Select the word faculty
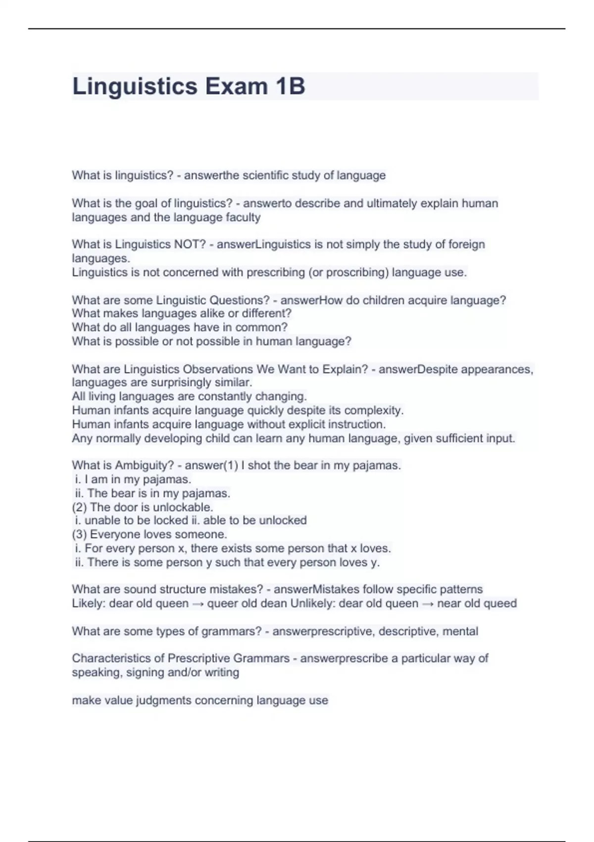(x=243, y=217)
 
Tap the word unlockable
(x=183, y=507)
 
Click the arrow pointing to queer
(x=198, y=604)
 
